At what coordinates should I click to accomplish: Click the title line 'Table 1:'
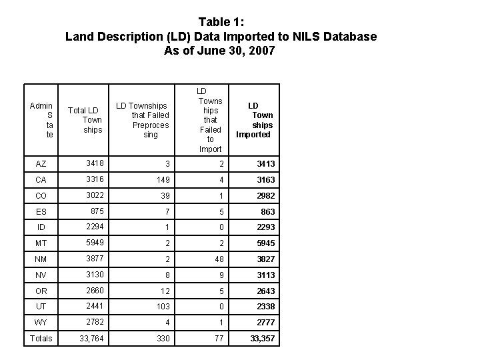pos(221,21)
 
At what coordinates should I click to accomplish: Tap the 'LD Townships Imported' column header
pos(253,120)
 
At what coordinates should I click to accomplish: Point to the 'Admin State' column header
pos(41,120)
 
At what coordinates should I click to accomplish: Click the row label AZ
pos(41,163)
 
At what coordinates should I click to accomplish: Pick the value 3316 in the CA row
pos(95,179)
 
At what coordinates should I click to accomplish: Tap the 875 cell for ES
pos(97,211)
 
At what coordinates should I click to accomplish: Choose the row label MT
pos(41,243)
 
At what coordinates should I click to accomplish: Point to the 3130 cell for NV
pos(95,275)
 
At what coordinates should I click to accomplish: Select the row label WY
pos(41,323)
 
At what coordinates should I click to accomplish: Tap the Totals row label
pos(41,339)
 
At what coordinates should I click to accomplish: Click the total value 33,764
pos(93,339)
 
